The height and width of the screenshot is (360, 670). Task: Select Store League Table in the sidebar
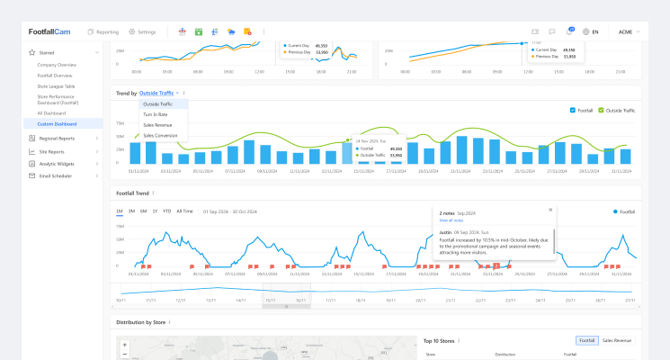(x=56, y=85)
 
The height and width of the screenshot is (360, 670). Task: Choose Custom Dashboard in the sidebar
(x=57, y=123)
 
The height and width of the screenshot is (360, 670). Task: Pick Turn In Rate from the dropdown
(x=156, y=114)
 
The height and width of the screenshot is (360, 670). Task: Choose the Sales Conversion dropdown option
(x=160, y=135)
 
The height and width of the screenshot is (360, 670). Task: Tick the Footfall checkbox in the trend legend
(x=573, y=110)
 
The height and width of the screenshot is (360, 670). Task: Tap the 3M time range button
(x=131, y=211)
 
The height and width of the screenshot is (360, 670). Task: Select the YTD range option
(x=166, y=211)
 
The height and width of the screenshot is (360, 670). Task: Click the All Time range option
(x=184, y=211)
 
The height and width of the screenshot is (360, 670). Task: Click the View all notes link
(x=451, y=220)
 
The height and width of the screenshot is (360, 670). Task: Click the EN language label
(x=594, y=31)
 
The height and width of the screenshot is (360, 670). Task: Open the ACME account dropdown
(x=629, y=31)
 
